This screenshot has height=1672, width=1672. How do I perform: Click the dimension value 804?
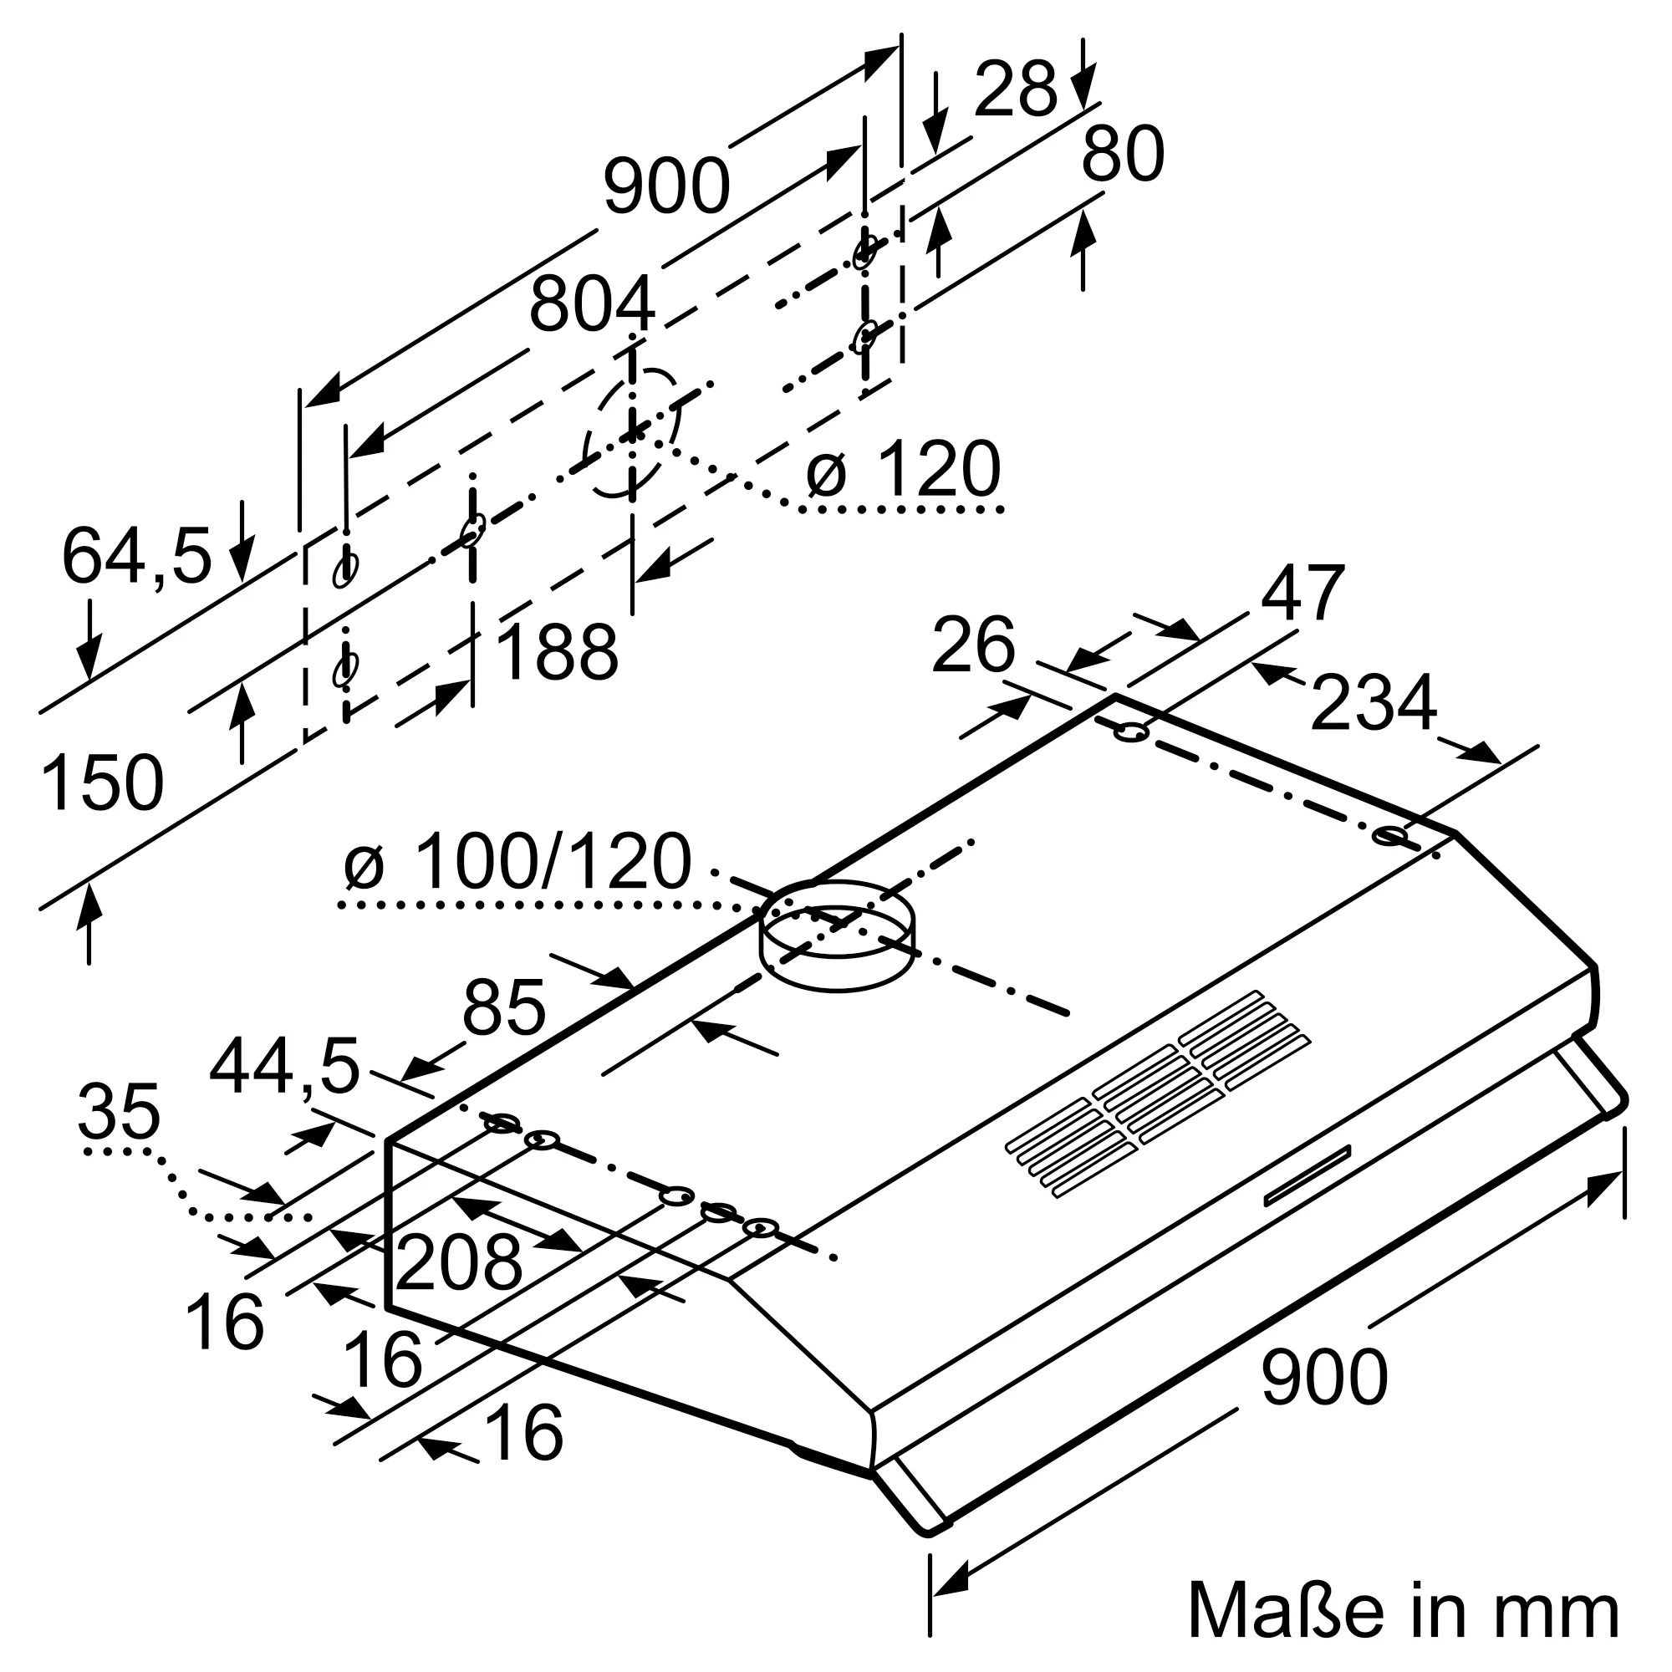(x=592, y=304)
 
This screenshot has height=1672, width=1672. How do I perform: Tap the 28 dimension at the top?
(x=1015, y=90)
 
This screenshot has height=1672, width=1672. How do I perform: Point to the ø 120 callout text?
(x=904, y=469)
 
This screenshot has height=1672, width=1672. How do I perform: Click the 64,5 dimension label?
(x=137, y=557)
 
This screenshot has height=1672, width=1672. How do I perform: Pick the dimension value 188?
(x=558, y=652)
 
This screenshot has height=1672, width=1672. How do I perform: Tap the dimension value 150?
(x=102, y=783)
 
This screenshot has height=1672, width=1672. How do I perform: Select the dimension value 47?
(x=1302, y=594)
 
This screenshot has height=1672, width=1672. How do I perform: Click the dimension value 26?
(x=973, y=645)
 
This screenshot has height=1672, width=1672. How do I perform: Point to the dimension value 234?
(x=1374, y=703)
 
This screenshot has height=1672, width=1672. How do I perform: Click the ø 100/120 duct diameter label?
(x=517, y=862)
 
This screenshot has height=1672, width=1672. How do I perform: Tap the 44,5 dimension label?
(x=284, y=1067)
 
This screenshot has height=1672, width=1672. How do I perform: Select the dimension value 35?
(x=119, y=1112)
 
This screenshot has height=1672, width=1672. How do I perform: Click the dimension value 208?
(x=459, y=1262)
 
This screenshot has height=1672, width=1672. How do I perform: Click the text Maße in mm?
(x=1403, y=1609)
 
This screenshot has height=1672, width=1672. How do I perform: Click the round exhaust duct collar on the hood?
(x=837, y=935)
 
